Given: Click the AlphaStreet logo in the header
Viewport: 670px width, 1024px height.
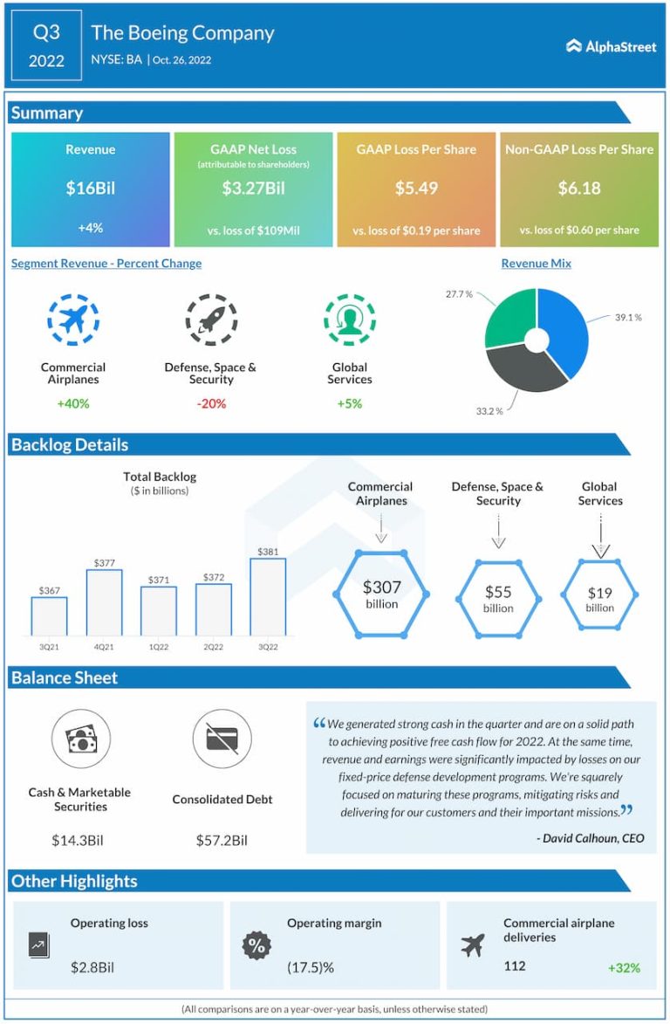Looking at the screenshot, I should [611, 46].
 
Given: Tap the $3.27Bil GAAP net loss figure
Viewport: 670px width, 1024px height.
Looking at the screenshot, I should [253, 188].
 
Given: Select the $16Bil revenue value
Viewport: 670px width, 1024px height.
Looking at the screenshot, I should [91, 188].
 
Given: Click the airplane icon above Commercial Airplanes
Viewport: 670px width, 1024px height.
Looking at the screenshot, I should [73, 320].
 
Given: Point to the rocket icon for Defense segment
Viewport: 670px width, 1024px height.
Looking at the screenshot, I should [210, 320].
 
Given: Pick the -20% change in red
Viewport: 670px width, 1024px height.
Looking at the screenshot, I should [210, 403].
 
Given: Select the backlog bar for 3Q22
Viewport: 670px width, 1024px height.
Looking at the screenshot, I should [268, 597].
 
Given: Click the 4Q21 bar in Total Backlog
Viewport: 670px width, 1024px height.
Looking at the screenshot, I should [104, 602].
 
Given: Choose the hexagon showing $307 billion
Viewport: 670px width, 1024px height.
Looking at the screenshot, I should [381, 594].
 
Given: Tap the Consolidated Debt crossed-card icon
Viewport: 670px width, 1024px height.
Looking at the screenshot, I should [222, 739].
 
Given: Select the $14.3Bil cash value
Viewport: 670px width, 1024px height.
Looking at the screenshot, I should [79, 841].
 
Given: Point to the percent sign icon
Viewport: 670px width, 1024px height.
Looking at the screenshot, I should [256, 945].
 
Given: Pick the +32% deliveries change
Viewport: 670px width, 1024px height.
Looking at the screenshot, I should [624, 967].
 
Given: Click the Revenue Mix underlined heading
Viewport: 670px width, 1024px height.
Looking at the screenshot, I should [536, 264].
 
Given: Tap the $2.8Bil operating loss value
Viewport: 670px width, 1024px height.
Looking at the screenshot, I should [92, 967].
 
